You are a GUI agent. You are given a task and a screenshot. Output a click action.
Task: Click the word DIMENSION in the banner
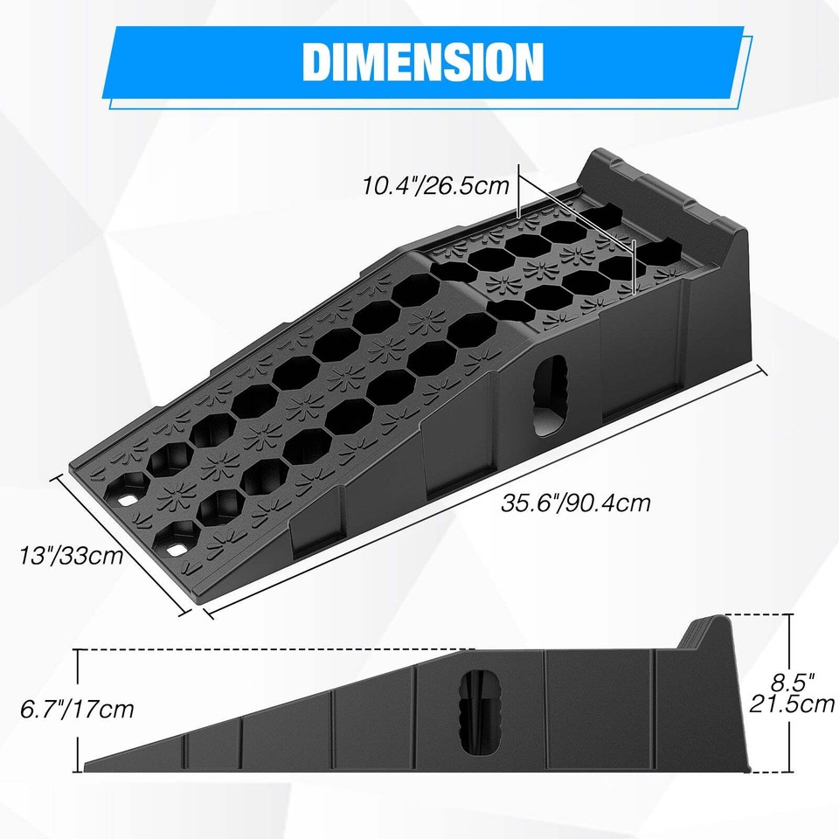[x=422, y=60]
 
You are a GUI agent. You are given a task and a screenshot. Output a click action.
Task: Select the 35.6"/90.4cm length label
[x=576, y=503]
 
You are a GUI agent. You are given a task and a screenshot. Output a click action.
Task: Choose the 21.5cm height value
[x=791, y=704]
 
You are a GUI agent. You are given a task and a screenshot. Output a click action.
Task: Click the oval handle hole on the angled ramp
[x=548, y=396]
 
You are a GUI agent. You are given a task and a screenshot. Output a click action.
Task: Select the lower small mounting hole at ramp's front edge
[x=178, y=547]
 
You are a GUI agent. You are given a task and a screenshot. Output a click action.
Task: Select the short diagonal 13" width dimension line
[x=122, y=543]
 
